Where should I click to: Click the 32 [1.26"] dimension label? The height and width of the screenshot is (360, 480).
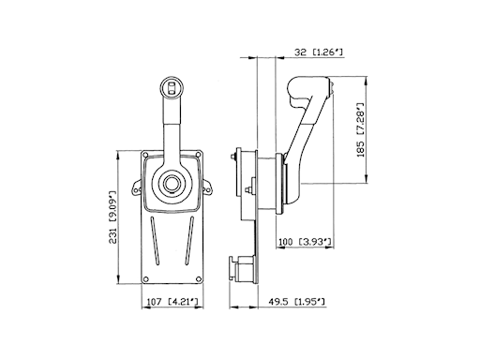tap(319, 52)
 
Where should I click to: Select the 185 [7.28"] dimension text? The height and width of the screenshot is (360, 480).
tap(361, 129)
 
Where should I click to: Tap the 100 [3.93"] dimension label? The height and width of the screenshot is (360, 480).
tap(305, 242)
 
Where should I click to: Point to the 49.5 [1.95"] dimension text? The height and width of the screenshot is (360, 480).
tap(296, 302)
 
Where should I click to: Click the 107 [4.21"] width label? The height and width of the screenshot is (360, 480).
tap(172, 302)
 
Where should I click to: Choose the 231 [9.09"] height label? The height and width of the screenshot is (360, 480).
tap(112, 217)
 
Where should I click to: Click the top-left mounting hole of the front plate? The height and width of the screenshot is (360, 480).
tap(145, 155)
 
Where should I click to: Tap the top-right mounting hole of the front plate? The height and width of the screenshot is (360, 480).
tap(198, 155)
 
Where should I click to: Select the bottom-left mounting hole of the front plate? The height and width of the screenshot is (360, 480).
tap(145, 279)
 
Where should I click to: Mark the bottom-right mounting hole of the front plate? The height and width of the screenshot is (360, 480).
tap(198, 279)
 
